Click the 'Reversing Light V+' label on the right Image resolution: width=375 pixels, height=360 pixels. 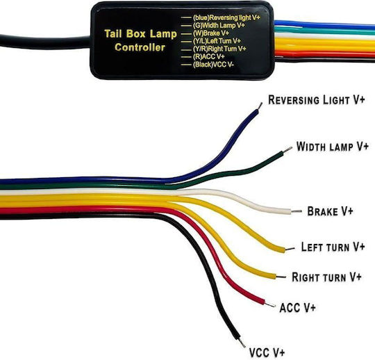[317, 100]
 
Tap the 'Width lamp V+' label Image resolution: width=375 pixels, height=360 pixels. [333, 146]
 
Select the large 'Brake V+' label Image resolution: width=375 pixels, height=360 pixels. [330, 211]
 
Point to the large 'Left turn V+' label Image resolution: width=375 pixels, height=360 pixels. [333, 247]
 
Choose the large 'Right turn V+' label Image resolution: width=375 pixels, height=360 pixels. [326, 277]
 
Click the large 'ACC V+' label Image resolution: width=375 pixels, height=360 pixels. [297, 308]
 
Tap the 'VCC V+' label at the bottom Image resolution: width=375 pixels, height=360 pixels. [267, 352]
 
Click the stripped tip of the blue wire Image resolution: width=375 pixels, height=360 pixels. [260, 106]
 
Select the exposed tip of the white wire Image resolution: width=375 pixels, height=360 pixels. [297, 211]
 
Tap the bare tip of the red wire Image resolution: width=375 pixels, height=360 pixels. [270, 304]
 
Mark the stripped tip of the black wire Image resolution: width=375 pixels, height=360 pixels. [242, 343]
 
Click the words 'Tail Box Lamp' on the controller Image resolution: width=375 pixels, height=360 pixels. [140, 34]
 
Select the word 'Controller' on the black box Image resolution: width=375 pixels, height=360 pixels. [140, 47]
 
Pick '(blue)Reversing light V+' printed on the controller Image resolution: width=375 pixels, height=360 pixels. [226, 17]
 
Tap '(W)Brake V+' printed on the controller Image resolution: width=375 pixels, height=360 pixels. [211, 33]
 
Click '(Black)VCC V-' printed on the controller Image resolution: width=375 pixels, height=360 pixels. [213, 65]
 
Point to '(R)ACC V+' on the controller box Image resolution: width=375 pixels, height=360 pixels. [208, 57]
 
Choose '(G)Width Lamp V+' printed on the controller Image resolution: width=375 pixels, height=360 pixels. [219, 25]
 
